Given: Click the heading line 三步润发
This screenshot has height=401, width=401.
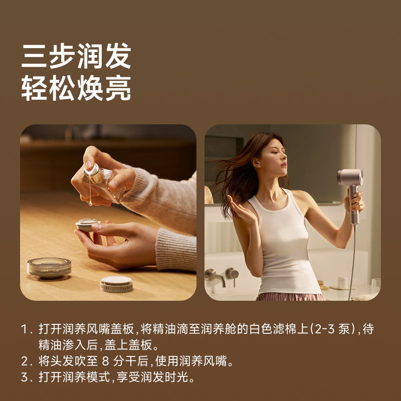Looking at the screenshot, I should point(76,56).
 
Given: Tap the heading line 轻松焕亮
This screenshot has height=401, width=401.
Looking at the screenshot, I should point(76,89).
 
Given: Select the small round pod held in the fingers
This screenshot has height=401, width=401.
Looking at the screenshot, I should point(88,224).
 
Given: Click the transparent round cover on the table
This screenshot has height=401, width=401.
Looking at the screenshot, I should point(49,267).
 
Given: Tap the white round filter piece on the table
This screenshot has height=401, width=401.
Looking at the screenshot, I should point(116,284).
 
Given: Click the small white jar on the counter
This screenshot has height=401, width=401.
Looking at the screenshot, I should point(343,283).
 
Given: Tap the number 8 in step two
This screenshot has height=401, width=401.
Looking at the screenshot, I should point(105,361).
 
